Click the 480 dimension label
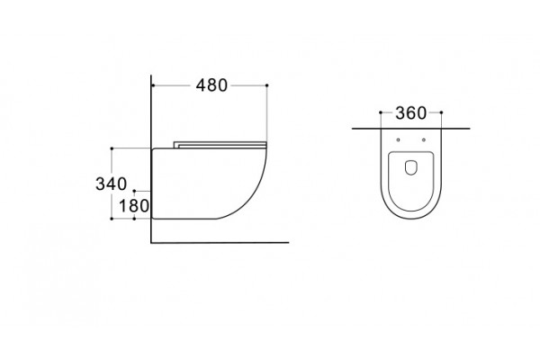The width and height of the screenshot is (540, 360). tap(211, 85)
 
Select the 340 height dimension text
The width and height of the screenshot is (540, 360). tap(111, 184)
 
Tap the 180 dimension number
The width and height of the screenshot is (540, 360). tap(133, 206)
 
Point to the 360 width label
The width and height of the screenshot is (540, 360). tap(411, 113)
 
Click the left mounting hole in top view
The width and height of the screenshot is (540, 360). tap(398, 139)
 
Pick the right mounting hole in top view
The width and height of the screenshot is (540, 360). tap(424, 139)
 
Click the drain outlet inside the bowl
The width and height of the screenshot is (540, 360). tap(411, 167)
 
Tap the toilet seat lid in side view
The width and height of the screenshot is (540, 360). tap(220, 145)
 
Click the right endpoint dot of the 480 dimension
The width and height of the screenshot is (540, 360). tap(267, 85)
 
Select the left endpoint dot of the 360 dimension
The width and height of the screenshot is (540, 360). tap(381, 112)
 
